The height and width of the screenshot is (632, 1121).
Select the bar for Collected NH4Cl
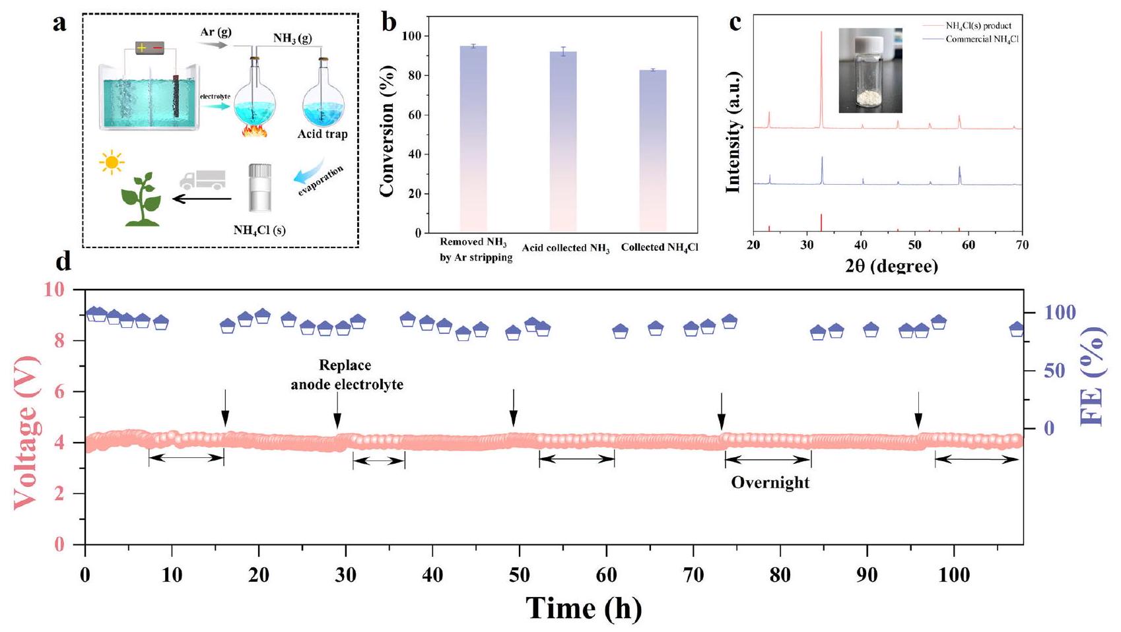(653, 151)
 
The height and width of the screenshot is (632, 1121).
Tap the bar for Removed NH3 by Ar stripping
(473, 139)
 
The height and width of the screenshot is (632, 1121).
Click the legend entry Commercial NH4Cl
(978, 40)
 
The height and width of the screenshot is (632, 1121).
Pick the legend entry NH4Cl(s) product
(978, 26)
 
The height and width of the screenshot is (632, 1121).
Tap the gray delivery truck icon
(202, 179)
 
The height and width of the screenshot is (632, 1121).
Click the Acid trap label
(322, 135)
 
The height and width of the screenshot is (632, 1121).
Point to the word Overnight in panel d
(770, 482)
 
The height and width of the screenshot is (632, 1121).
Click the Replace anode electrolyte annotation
(347, 375)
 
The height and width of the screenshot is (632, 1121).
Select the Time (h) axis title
(584, 608)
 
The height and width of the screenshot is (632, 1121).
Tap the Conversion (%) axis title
(388, 130)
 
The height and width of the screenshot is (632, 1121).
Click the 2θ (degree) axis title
(891, 265)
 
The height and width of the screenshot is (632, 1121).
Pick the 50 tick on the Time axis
(520, 575)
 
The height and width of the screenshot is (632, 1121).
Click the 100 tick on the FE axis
(1056, 312)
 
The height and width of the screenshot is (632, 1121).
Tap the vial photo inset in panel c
(870, 70)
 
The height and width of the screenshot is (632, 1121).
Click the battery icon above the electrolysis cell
(150, 47)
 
